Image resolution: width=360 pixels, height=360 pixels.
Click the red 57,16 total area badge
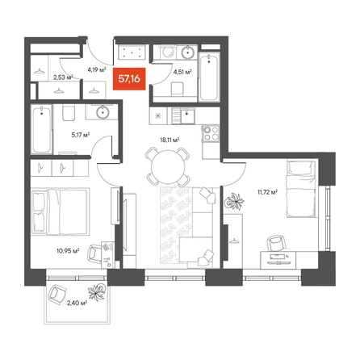[129, 79]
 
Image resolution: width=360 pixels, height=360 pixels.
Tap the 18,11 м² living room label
[170, 140]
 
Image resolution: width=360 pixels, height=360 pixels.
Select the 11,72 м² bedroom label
[267, 192]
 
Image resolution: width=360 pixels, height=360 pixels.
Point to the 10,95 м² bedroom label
[68, 251]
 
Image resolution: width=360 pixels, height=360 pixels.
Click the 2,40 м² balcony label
[77, 303]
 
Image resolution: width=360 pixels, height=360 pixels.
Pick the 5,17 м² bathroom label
[81, 135]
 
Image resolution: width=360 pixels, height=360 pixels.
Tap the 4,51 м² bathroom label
[182, 72]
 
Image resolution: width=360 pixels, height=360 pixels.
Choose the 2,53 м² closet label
[63, 77]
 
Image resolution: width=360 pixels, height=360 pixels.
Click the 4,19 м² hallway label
[97, 70]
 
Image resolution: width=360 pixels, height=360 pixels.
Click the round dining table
[168, 167]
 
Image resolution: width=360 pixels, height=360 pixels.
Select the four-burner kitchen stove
[211, 133]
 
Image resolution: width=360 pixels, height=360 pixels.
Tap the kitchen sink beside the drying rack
[187, 116]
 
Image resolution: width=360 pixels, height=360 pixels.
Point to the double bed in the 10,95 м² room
[61, 211]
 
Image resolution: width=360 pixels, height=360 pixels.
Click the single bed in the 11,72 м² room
[301, 189]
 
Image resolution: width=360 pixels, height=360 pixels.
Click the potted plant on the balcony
[97, 291]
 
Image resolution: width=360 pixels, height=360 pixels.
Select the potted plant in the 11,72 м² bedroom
[234, 201]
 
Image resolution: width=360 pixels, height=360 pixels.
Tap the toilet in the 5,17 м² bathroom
[69, 113]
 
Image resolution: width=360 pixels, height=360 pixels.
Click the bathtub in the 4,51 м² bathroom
[209, 77]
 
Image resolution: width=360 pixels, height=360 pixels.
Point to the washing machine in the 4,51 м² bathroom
[168, 52]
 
